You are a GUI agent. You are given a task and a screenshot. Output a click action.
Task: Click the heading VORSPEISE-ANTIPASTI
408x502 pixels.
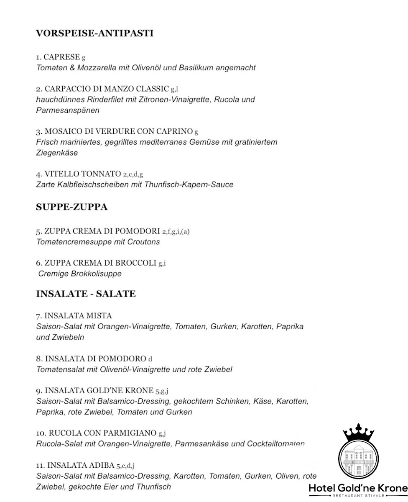tap(95, 33)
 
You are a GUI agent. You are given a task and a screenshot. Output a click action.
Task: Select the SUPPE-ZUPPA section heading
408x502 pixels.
tap(72, 207)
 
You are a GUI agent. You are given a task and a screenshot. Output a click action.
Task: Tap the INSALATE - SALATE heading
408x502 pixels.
tap(86, 294)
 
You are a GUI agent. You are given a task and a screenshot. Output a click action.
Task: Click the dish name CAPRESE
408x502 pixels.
tap(61, 57)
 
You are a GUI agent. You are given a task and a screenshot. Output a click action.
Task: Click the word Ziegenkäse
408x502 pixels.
tap(57, 153)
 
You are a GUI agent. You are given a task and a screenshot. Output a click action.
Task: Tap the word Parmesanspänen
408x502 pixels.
tap(68, 110)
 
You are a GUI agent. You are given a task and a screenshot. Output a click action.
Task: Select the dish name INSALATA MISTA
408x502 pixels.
tap(78, 315)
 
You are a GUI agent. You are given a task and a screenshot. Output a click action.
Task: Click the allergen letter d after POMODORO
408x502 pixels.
tap(150, 359)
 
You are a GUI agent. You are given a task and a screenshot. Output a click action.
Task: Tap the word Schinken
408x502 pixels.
tap(232, 402)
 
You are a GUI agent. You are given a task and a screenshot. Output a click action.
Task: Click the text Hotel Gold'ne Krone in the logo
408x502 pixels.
tap(358, 488)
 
